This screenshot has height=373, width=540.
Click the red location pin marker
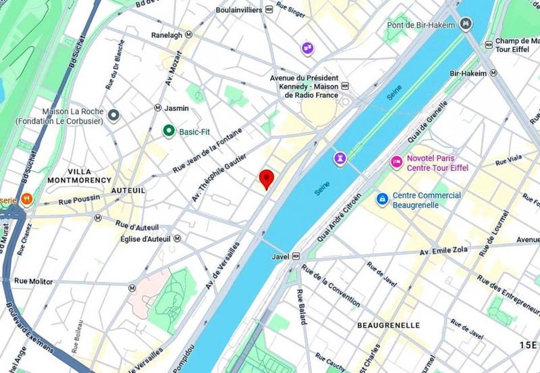(x=267, y=178)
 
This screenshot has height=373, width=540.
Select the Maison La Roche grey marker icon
(x=114, y=116)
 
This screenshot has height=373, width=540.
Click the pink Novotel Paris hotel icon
(x=396, y=162)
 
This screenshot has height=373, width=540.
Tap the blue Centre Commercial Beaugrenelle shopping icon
(x=383, y=199)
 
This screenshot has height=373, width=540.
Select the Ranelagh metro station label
(x=167, y=34)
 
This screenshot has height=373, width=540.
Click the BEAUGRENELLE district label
(x=388, y=326)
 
